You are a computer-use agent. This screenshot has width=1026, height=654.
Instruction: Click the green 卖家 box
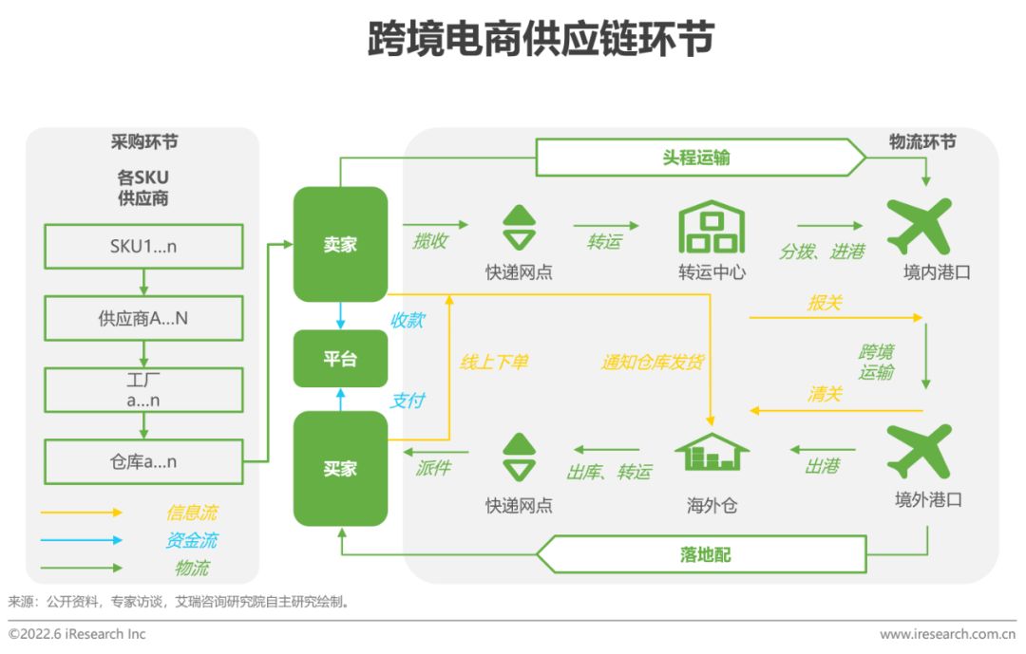340,244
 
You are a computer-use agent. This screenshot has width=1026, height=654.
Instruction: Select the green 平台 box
340,359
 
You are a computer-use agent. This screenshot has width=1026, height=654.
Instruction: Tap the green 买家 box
340,469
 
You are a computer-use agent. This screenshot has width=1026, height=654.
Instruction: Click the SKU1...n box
142,246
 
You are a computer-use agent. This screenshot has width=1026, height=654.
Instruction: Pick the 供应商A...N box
142,318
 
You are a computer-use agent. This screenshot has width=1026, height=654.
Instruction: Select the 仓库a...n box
142,462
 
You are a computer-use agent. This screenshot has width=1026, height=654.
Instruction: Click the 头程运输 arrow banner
699,158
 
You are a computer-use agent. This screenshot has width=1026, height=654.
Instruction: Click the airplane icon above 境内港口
919,226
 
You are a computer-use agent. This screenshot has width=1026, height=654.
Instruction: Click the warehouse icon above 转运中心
712,226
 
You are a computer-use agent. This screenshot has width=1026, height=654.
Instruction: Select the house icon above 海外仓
712,452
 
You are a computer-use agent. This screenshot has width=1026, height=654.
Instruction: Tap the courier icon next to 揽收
519,228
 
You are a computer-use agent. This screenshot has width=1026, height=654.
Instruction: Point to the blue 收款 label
407,321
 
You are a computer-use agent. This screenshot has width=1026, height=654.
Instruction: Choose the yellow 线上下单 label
494,362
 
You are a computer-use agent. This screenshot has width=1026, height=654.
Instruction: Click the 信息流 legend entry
191,513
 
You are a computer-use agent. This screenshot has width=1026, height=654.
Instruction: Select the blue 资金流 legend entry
191,540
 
